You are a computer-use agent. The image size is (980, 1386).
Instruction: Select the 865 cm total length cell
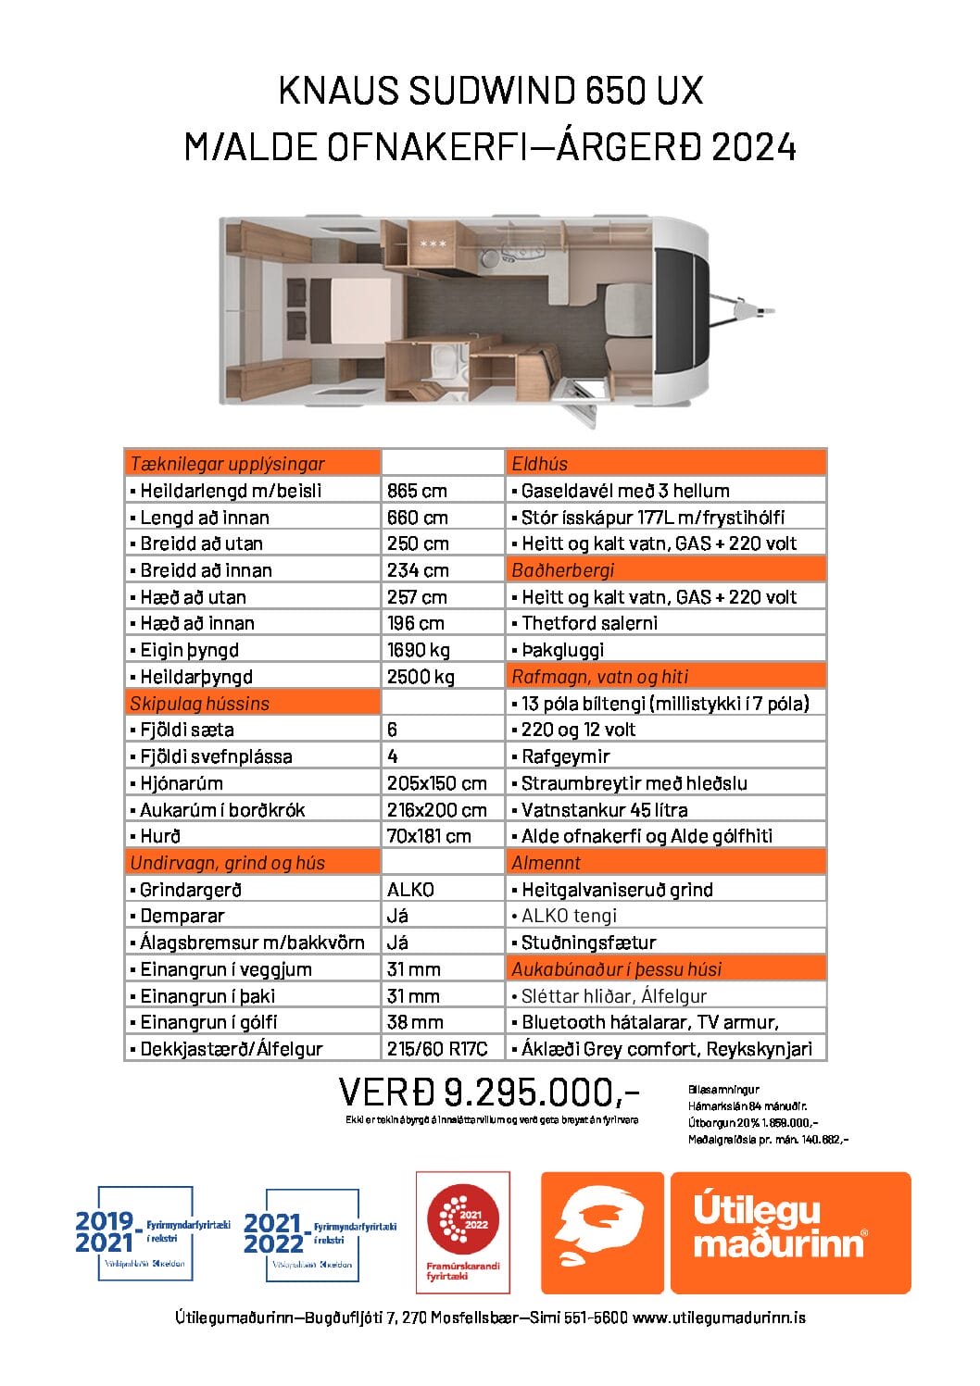click(417, 491)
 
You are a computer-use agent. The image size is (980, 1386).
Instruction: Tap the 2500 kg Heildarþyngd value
click(421, 677)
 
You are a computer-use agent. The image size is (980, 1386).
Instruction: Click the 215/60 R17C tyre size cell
click(437, 1049)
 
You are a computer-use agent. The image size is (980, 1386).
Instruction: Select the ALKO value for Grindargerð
click(410, 890)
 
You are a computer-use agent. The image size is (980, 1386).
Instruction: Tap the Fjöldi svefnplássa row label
click(216, 756)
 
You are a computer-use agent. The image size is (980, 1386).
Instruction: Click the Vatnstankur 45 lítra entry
click(604, 810)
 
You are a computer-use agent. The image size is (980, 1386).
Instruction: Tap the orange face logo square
click(602, 1232)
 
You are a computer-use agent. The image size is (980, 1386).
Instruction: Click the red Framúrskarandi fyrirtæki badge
click(463, 1231)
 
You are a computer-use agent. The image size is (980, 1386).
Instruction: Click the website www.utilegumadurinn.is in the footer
click(719, 1317)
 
